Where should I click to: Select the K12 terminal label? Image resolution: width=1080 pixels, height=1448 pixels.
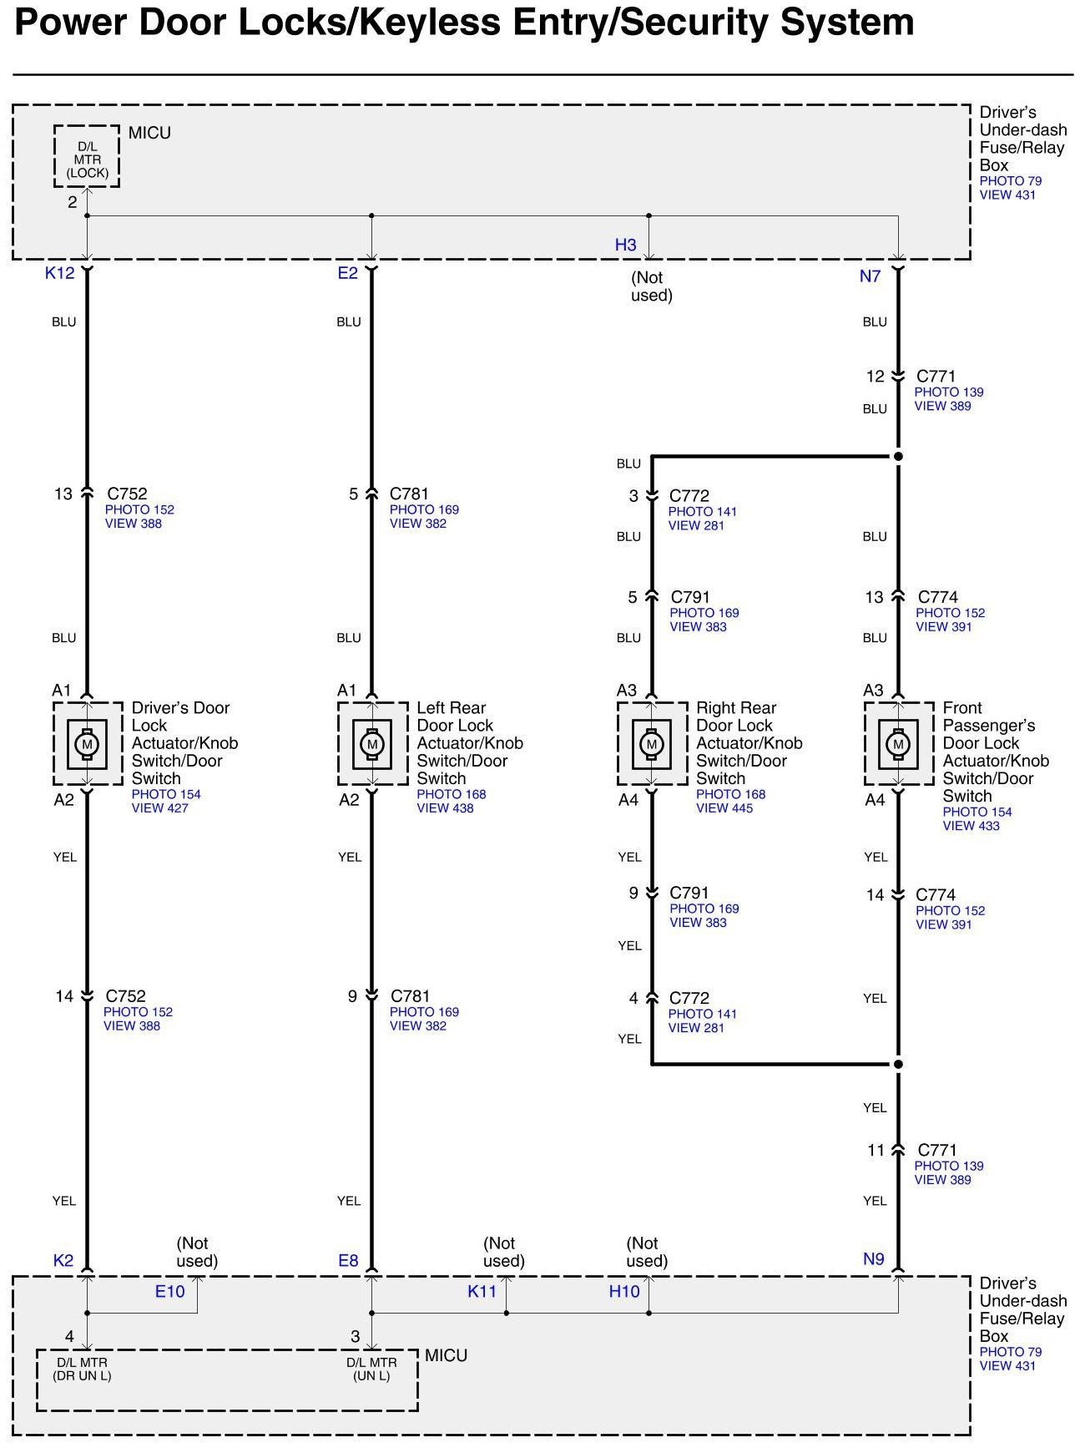[x=59, y=273]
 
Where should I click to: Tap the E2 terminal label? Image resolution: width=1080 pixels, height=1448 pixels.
[x=347, y=273]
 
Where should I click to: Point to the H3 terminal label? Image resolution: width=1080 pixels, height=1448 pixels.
[x=625, y=245]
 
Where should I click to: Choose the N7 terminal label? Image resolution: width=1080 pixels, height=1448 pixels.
[x=870, y=276]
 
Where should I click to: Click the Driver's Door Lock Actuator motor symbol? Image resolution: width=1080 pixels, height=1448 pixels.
[x=87, y=743]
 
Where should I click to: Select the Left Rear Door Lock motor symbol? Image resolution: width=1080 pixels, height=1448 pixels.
[x=372, y=743]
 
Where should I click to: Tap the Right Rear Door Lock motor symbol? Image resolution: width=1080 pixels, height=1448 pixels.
[x=652, y=743]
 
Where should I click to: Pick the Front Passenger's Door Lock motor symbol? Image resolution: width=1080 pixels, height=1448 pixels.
[x=898, y=743]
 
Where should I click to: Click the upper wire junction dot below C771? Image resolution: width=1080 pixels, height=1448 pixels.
[x=898, y=457]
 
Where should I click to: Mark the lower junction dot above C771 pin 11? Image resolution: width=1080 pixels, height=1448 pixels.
[x=898, y=1065]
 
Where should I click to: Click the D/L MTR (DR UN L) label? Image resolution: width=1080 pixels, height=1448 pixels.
[x=83, y=1369]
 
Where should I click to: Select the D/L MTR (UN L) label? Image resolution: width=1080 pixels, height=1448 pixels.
[x=371, y=1369]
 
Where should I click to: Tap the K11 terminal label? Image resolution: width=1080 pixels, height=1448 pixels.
[x=482, y=1292]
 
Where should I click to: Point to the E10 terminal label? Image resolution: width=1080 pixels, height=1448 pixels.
[x=169, y=1292]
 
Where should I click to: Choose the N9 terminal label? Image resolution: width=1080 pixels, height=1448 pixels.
[x=873, y=1259]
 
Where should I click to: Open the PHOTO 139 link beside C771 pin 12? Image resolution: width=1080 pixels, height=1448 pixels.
[x=948, y=392]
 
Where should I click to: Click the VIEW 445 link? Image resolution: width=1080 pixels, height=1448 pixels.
[x=724, y=808]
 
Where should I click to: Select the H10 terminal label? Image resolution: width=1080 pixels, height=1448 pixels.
[x=623, y=1292]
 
